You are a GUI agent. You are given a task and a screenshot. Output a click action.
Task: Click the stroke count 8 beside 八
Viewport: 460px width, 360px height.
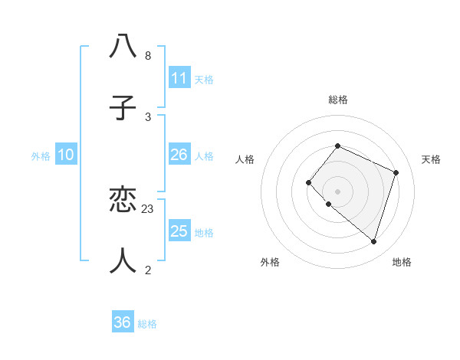coord(148,56)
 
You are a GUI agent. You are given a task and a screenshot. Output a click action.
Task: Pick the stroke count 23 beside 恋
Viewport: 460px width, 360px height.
coord(148,208)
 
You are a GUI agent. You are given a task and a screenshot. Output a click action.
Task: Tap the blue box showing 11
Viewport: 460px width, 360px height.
coord(179,78)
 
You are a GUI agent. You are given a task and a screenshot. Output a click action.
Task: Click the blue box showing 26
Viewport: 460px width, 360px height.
coord(179,155)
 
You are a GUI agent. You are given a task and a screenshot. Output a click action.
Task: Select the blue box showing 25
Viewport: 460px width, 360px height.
coord(179,231)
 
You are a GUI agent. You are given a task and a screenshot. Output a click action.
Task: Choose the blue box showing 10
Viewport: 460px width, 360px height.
coord(66,155)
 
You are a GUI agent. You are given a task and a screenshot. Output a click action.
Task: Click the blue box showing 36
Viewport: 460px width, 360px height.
coord(123,322)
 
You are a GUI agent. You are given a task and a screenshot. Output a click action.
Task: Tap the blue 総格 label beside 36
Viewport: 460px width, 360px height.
coord(147,324)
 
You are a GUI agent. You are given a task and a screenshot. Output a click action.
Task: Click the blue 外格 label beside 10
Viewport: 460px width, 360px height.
coord(41,156)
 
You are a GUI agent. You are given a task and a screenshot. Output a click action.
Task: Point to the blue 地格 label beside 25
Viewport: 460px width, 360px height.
coord(204,233)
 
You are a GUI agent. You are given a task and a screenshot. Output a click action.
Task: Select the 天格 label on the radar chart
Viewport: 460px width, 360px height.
coord(431,159)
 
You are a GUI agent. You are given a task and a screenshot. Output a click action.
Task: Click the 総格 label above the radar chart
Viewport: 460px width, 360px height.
coord(338,100)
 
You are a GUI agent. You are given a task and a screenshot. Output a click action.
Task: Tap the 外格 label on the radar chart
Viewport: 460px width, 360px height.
coord(270,262)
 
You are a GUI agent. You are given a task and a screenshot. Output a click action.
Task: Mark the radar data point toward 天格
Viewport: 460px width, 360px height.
coord(396,172)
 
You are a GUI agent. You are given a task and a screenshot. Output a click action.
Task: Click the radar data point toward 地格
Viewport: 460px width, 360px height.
coord(373,242)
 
